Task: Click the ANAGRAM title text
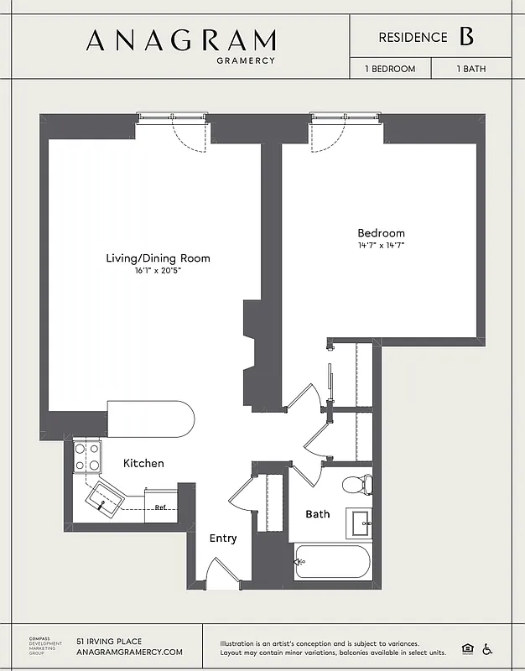click(x=180, y=40)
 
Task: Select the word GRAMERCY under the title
click(x=245, y=60)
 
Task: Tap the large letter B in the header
click(x=466, y=37)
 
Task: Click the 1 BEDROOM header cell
click(x=390, y=69)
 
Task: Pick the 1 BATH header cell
click(x=471, y=69)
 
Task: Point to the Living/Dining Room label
click(x=158, y=258)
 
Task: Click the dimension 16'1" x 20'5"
click(x=158, y=272)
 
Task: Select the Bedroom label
click(x=381, y=233)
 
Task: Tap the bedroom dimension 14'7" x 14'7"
click(x=381, y=246)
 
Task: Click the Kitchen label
click(x=143, y=463)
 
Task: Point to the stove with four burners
click(x=87, y=456)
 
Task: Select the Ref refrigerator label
click(x=159, y=507)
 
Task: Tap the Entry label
click(x=223, y=538)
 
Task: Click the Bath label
click(x=317, y=514)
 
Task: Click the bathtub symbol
click(x=332, y=561)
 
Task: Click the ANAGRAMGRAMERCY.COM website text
click(x=129, y=652)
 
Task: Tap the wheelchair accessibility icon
click(x=487, y=648)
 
